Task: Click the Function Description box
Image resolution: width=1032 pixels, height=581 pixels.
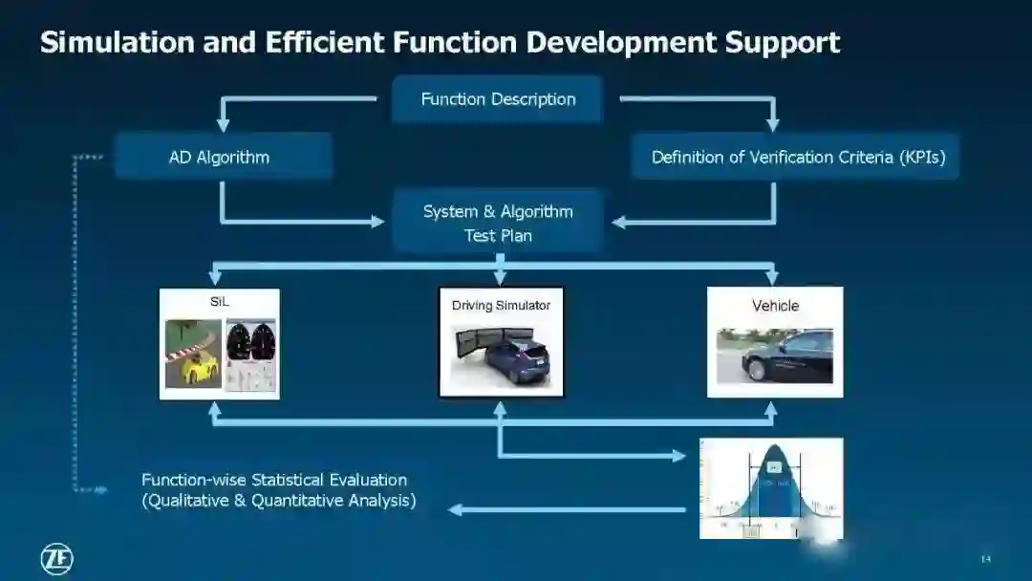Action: click(x=497, y=99)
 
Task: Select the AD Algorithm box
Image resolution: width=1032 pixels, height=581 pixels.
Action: click(x=223, y=157)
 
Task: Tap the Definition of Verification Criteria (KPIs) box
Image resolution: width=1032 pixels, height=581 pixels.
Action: click(x=796, y=157)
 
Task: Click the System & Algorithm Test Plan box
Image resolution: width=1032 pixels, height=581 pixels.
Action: click(x=498, y=223)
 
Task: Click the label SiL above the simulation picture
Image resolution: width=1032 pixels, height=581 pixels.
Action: click(x=220, y=302)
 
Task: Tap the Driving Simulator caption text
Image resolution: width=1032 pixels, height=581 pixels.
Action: click(x=501, y=306)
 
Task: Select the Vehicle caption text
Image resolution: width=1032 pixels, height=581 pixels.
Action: click(x=775, y=306)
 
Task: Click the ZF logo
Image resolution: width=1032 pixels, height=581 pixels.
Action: click(x=56, y=559)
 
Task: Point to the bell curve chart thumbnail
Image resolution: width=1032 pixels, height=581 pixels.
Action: click(x=771, y=488)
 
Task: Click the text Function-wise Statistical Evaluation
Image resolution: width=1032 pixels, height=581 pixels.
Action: click(x=274, y=480)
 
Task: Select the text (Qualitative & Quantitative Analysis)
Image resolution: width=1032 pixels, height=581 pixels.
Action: click(x=278, y=501)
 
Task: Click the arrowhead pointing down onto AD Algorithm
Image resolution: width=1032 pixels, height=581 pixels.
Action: click(x=224, y=123)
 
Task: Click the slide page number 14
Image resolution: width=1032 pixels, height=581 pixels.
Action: click(x=986, y=559)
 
